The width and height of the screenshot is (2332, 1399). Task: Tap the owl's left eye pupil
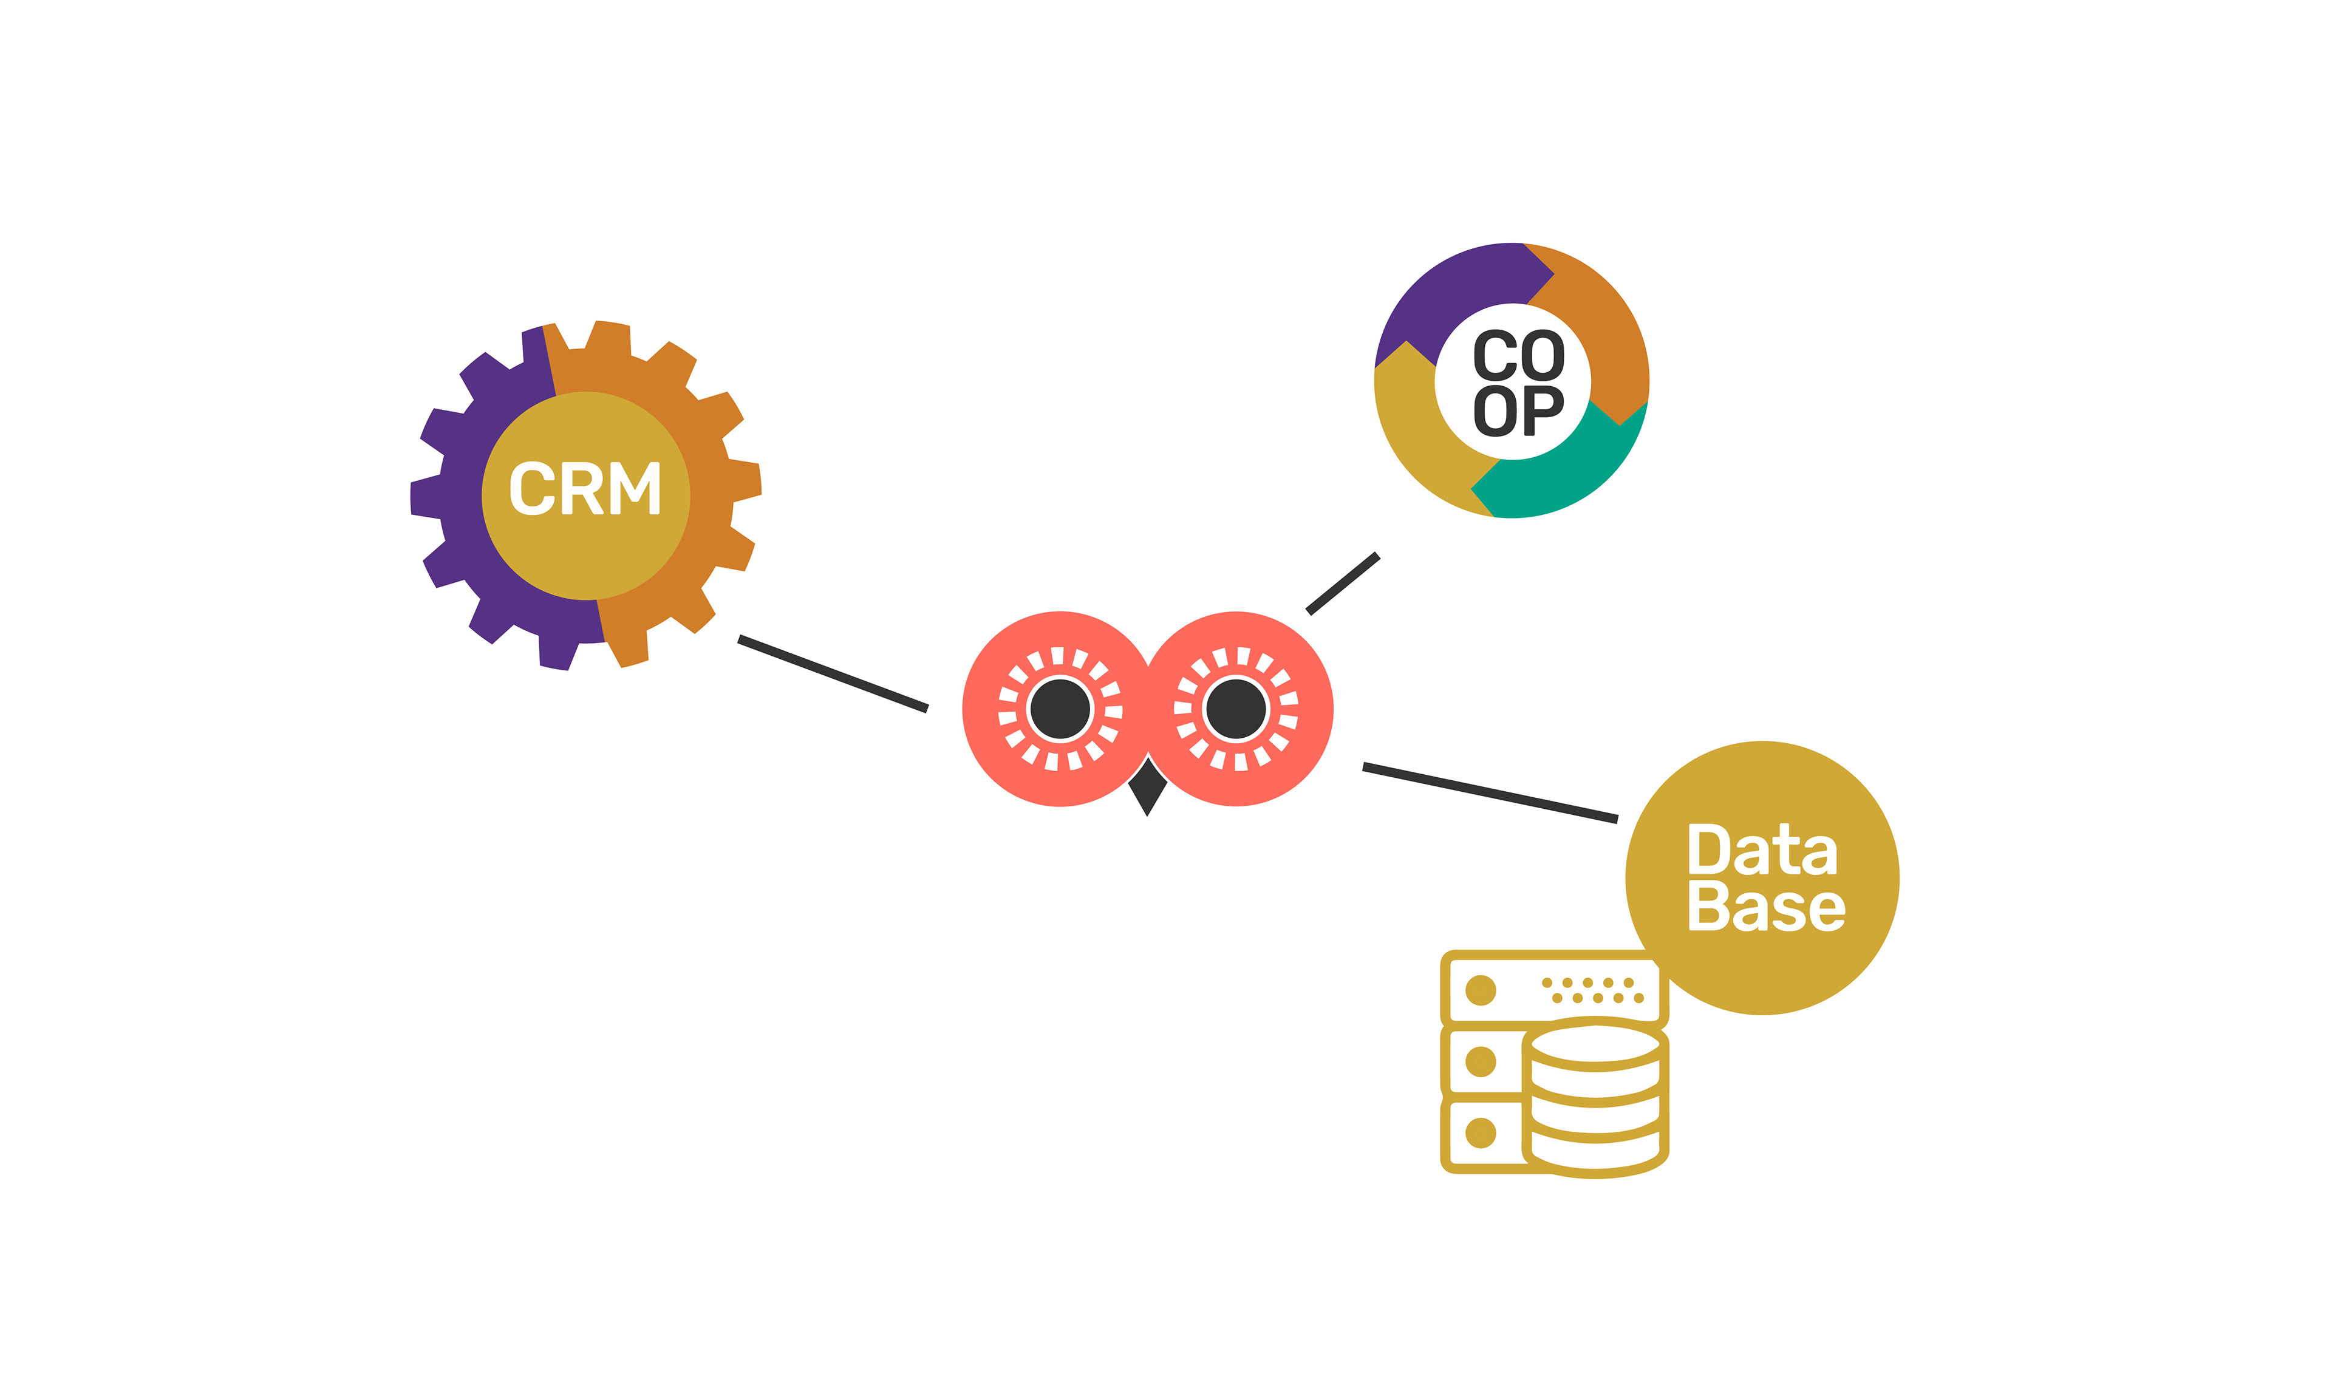coord(1060,709)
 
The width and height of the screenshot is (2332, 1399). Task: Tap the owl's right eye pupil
coord(1236,709)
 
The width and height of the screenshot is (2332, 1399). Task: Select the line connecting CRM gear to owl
coord(833,674)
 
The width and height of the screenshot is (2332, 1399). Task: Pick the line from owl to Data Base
coord(1490,793)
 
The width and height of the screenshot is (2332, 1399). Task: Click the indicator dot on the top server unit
coord(1481,991)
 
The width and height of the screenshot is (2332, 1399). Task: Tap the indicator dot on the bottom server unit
coord(1481,1132)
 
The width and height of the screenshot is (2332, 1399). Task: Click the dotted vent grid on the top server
coord(1592,990)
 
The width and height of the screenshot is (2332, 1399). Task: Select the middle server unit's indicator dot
coord(1481,1061)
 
